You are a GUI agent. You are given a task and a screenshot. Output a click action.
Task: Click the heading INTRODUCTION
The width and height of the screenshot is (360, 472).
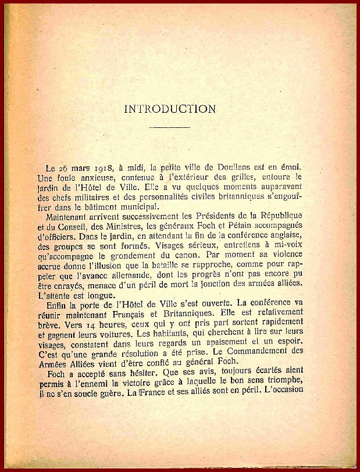[170, 108]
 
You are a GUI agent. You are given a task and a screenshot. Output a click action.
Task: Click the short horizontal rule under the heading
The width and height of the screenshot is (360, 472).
[170, 126]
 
